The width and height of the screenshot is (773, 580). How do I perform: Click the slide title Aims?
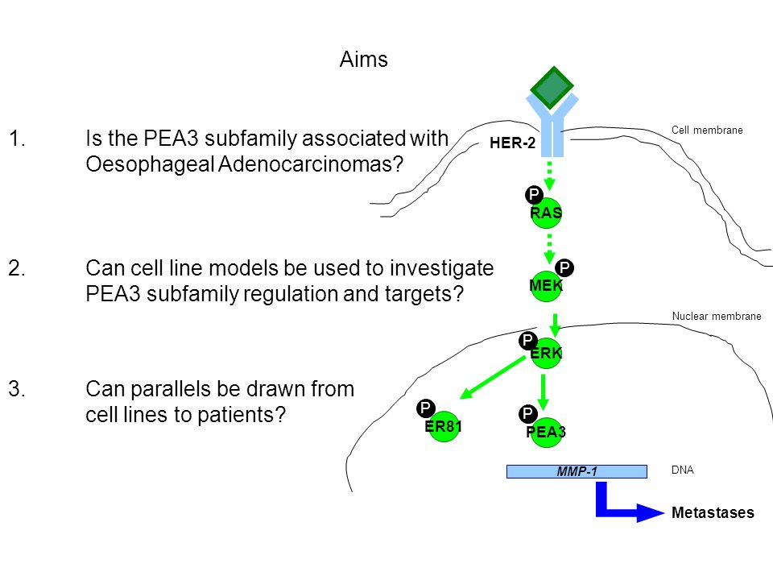tap(364, 60)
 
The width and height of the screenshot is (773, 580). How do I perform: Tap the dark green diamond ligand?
tap(552, 87)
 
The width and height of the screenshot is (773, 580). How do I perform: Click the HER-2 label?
tap(512, 143)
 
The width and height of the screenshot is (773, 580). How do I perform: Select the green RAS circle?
tap(546, 213)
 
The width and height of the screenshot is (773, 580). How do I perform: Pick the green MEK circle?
tap(546, 285)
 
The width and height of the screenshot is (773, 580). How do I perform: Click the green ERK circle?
tap(546, 353)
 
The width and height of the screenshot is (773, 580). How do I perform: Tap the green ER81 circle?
tap(444, 426)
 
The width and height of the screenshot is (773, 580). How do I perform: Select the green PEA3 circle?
tap(546, 432)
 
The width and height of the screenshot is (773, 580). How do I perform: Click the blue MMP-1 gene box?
tap(577, 471)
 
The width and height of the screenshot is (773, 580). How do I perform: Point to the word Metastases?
tap(713, 513)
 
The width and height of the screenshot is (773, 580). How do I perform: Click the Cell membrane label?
tap(707, 130)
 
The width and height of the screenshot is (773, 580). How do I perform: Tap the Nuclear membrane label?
tap(717, 316)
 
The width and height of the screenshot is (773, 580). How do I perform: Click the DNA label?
tap(682, 470)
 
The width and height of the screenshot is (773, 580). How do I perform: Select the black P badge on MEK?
tap(564, 267)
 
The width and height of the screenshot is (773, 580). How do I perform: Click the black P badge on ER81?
tap(425, 408)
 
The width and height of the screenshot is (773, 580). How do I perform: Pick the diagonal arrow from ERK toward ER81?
tap(493, 377)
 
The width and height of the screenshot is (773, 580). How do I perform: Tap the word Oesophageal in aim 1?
tap(150, 164)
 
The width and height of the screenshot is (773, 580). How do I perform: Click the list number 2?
tap(17, 268)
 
